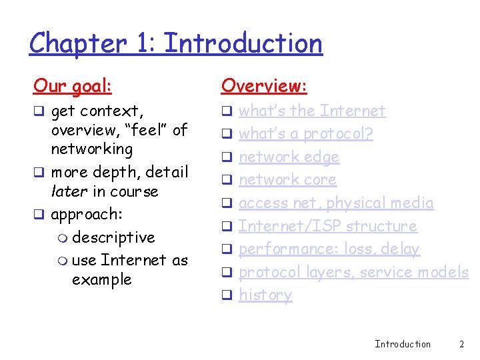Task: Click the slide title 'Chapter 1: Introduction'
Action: (x=176, y=44)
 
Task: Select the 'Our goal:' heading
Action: (x=73, y=85)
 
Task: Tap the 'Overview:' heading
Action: (x=264, y=85)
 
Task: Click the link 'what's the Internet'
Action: (x=312, y=111)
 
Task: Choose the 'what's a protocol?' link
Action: (x=306, y=134)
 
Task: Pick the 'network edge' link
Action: (x=289, y=157)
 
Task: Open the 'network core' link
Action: (x=287, y=180)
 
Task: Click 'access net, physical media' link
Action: (x=336, y=203)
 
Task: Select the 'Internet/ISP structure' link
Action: (x=327, y=226)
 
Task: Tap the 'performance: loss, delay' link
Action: (x=329, y=249)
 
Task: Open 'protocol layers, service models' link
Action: (x=353, y=272)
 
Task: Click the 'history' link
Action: (x=265, y=295)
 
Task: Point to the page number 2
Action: (x=461, y=344)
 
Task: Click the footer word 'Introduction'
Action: (x=403, y=344)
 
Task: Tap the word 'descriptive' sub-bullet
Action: (x=113, y=237)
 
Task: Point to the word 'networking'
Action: (x=92, y=149)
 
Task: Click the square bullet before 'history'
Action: (x=226, y=295)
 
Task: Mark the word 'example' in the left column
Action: (x=102, y=279)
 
